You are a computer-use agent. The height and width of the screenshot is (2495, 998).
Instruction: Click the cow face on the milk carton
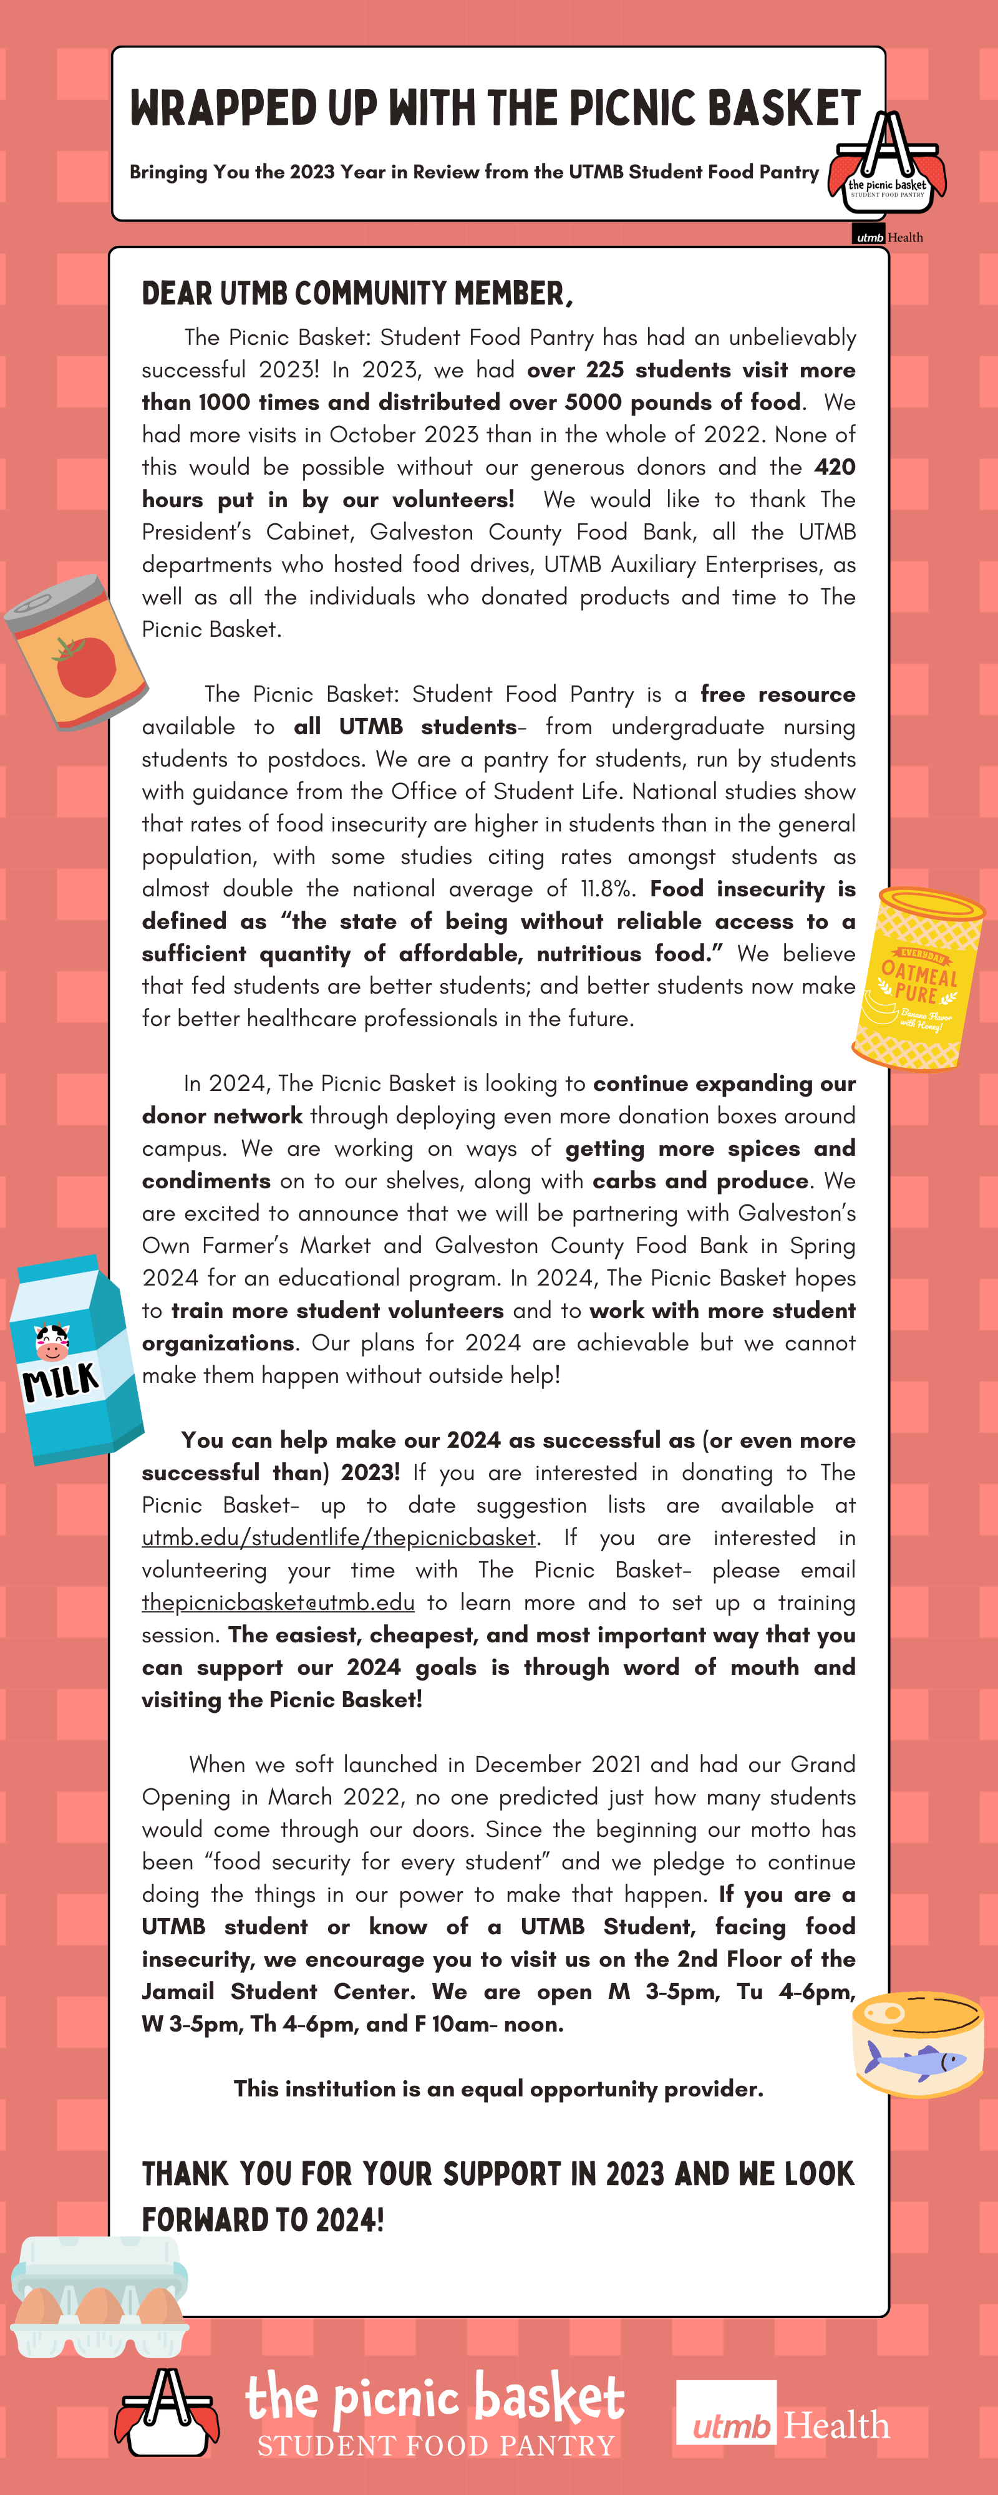click(x=51, y=1342)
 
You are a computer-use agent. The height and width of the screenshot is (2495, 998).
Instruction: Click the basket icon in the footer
click(x=167, y=2411)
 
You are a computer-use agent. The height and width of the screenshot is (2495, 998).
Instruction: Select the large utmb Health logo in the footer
click(x=782, y=2425)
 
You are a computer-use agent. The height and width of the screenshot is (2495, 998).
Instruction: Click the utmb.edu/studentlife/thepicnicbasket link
click(x=338, y=1537)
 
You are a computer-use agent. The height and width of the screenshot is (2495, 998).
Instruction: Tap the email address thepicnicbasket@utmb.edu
click(x=278, y=1602)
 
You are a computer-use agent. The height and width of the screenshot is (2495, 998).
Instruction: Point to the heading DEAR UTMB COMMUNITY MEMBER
click(x=357, y=293)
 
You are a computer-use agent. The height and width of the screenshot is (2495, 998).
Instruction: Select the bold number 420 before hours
click(x=834, y=467)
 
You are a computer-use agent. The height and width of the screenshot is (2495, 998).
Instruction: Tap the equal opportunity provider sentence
click(x=498, y=2088)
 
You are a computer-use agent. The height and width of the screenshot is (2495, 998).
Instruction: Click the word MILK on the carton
click(x=60, y=1381)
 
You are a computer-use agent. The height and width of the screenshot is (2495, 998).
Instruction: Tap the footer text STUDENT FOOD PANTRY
click(x=436, y=2446)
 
